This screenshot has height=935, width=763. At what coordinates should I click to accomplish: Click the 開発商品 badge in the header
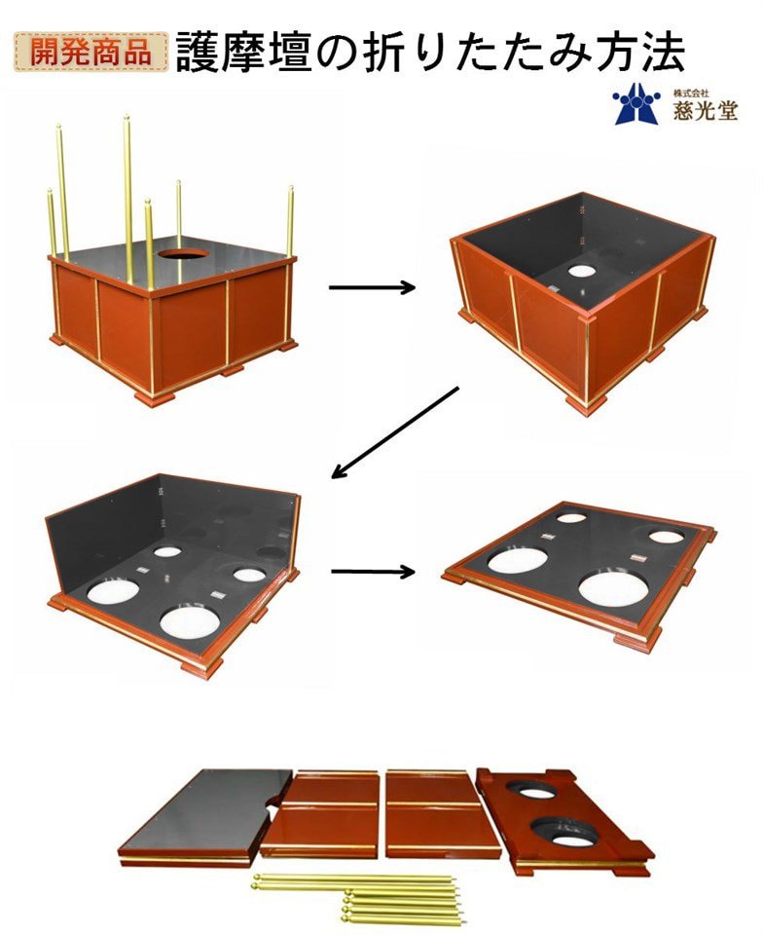coord(91,52)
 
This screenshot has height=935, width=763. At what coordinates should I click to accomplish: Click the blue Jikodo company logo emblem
coord(636,104)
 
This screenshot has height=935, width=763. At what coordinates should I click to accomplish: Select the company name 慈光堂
coord(706,110)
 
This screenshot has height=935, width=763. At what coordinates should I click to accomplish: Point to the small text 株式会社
coord(691,93)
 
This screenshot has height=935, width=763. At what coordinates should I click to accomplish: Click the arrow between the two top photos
coord(373,288)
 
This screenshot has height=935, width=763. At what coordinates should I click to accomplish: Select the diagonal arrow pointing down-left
coord(395,432)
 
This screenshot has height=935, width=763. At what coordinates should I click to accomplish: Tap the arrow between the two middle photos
coord(373,572)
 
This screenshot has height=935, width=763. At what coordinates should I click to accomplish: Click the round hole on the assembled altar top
coord(184,253)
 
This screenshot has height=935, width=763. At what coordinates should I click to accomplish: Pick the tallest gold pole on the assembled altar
coord(127,200)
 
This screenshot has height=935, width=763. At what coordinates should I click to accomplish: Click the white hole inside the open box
coord(581,272)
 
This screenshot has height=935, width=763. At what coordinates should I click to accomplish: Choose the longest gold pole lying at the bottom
coord(354,878)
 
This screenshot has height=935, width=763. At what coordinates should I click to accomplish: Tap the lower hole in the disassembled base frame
coord(562,833)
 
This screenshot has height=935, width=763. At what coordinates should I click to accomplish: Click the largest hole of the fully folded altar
coord(613,588)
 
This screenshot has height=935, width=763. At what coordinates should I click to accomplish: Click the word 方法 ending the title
coord(640,53)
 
